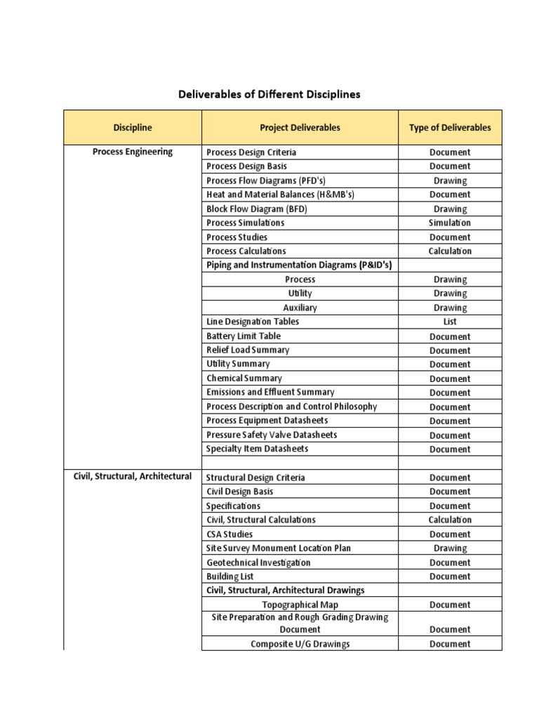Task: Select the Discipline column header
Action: pos(132,128)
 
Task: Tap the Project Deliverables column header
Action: pos(300,128)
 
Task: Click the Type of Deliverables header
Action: pos(450,128)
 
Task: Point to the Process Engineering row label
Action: pos(132,152)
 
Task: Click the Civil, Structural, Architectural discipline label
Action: pos(132,476)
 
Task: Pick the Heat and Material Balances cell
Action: pos(275,194)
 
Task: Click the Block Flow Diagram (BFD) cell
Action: pos(257,209)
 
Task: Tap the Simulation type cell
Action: pos(450,223)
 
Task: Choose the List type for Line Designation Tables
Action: pos(450,322)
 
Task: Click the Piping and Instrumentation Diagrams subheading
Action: pos(299,265)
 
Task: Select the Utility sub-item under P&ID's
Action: pos(300,293)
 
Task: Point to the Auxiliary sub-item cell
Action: pos(300,308)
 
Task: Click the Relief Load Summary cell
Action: pos(247,350)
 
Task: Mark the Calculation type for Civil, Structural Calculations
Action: pos(450,520)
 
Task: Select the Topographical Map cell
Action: pos(300,605)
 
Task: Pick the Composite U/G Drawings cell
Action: pos(300,644)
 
